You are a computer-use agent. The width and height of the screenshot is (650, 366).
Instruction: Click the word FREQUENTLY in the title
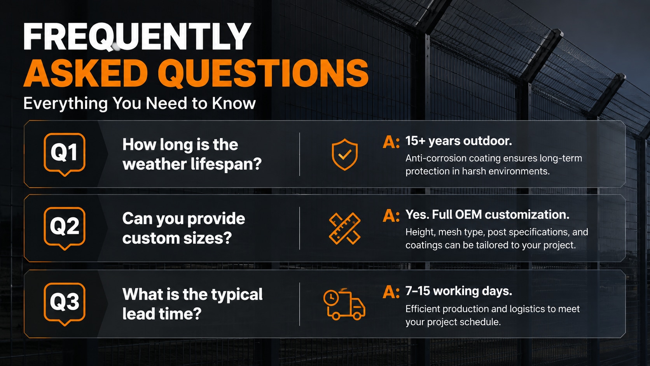(x=137, y=37)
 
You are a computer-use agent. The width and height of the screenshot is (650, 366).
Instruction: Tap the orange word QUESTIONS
(x=263, y=73)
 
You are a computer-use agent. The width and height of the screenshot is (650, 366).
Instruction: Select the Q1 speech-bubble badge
(x=65, y=154)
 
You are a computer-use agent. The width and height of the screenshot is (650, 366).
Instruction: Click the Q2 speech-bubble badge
(x=65, y=228)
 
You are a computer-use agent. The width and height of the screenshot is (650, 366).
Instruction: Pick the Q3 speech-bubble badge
(x=65, y=304)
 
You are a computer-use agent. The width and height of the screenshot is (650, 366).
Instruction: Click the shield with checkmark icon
(x=345, y=154)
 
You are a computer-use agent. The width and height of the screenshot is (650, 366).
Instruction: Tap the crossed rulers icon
(x=345, y=228)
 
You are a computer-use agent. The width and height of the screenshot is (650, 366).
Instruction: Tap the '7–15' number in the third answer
(x=418, y=291)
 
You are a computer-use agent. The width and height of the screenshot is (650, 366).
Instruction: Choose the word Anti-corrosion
(x=435, y=158)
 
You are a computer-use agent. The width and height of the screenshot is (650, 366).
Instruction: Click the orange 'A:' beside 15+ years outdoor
(x=391, y=142)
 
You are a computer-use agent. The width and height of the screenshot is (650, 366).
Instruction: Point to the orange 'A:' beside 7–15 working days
(x=391, y=292)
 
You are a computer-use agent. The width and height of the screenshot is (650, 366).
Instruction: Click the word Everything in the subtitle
(x=66, y=103)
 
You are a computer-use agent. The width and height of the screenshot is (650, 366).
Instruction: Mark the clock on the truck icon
(x=331, y=298)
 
